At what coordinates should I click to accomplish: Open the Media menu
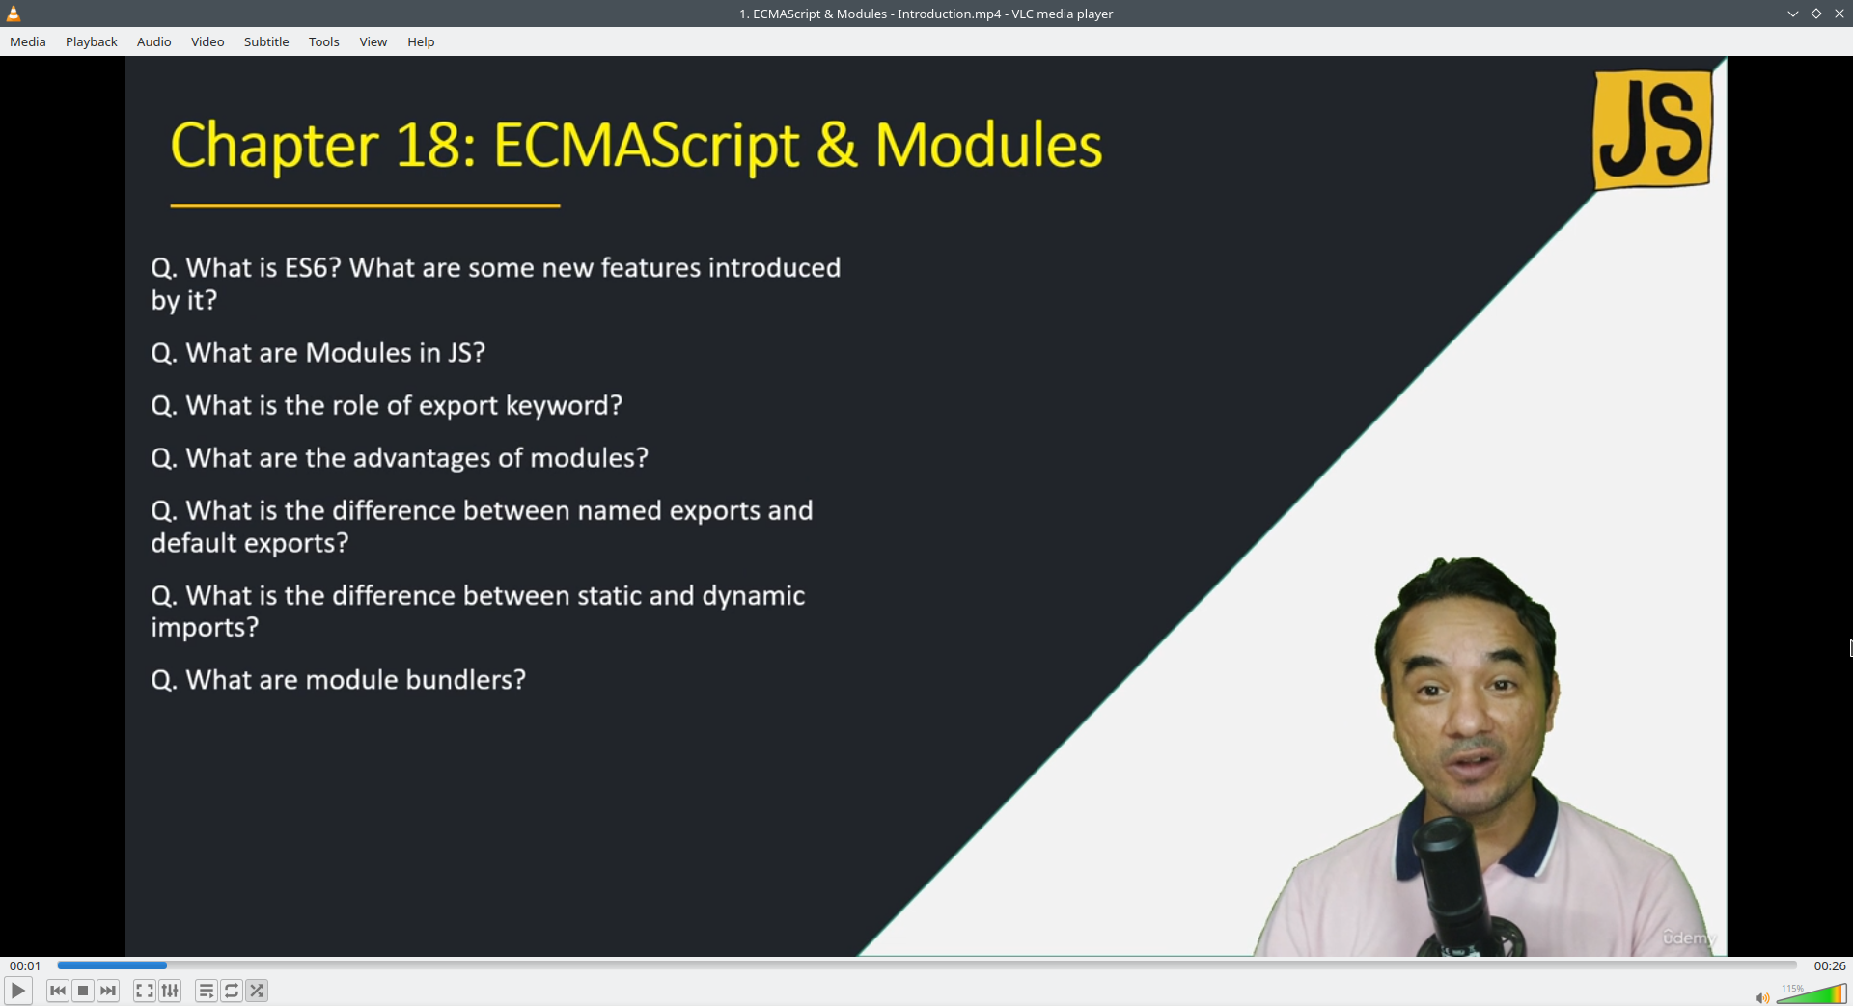28,41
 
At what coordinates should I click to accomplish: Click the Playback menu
92,41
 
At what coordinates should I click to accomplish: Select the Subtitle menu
266,41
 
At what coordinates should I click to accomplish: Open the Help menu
421,41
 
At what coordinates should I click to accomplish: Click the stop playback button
83,991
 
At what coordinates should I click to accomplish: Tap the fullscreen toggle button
145,991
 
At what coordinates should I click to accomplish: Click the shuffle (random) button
257,991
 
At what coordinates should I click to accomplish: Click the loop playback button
232,991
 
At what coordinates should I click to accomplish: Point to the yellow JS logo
1652,129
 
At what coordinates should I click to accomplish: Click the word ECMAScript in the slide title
647,146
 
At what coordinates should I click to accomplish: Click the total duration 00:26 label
1830,965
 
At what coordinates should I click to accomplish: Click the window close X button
1839,14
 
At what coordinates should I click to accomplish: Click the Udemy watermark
1689,938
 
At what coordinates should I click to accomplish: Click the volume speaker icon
1762,997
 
